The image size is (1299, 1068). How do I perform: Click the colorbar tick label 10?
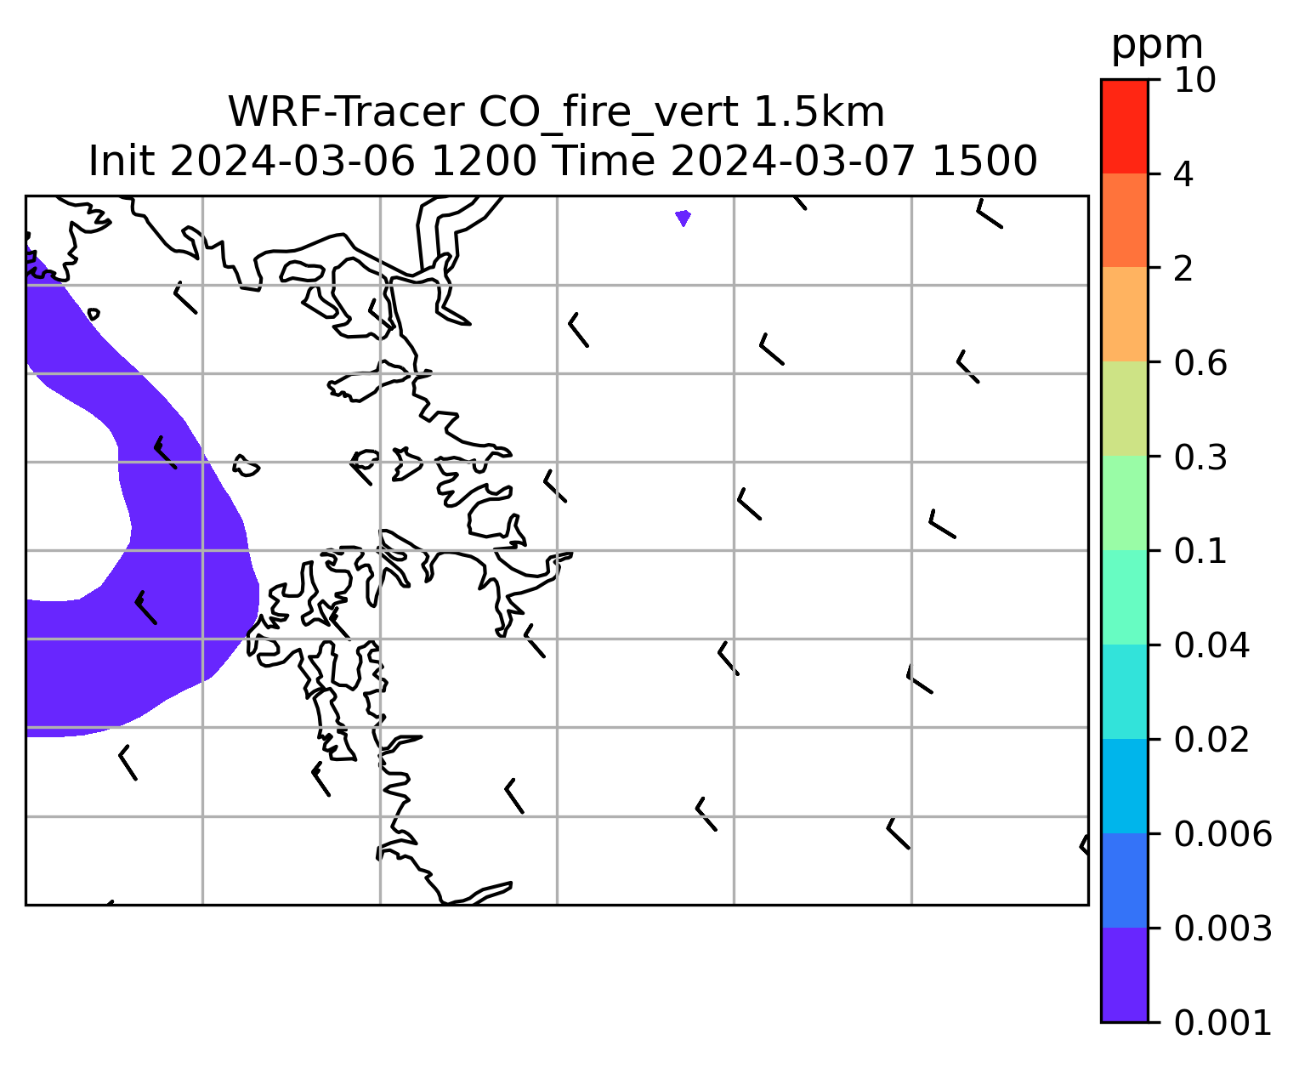(x=1194, y=80)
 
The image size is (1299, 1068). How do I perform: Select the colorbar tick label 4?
(x=1183, y=174)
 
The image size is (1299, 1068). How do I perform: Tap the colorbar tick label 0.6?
(x=1200, y=363)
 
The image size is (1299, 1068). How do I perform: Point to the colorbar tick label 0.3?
(x=1200, y=457)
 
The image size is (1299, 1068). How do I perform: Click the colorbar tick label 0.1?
(x=1200, y=551)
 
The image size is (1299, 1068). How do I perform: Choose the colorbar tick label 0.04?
(x=1211, y=645)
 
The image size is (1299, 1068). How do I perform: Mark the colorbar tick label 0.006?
(x=1222, y=834)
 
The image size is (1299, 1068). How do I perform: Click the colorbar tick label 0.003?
(x=1222, y=929)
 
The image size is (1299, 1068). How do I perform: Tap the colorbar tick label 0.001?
(x=1222, y=1023)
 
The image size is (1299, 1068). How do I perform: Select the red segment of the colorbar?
(x=1124, y=126)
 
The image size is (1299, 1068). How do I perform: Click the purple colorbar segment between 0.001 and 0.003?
(x=1124, y=974)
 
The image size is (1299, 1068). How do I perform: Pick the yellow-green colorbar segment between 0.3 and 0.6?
(x=1124, y=408)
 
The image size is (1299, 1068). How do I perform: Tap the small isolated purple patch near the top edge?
(x=683, y=218)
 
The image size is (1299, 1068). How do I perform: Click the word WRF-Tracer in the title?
(x=345, y=112)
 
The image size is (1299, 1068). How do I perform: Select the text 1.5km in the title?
(x=819, y=112)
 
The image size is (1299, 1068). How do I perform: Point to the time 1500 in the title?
(x=984, y=162)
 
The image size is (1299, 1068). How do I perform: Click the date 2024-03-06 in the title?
(x=292, y=162)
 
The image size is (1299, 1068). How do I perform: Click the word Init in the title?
(x=122, y=162)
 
